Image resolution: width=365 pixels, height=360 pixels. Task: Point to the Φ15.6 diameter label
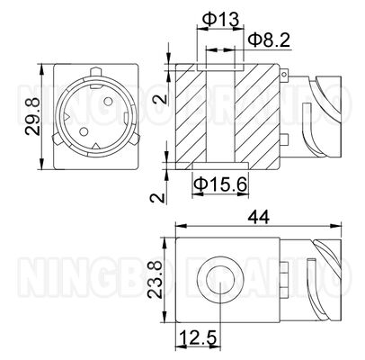pyautogui.click(x=219, y=184)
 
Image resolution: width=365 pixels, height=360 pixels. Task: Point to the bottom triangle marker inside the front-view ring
pyautogui.click(x=95, y=145)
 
